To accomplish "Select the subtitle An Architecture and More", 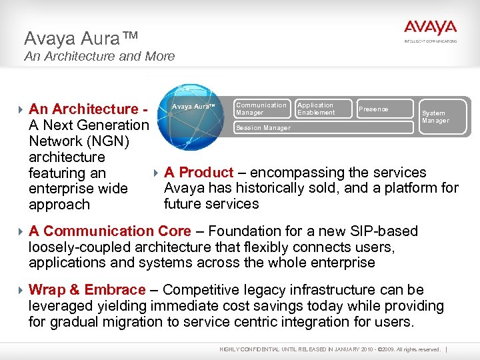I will (99, 57).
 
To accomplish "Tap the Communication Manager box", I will (261, 109).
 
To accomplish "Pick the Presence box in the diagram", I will (373, 109).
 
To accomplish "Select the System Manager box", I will (435, 117).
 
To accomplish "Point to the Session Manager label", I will (263, 128).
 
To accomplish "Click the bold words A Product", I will (199, 173).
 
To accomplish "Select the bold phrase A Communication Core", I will (109, 231).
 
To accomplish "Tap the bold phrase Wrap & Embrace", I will (87, 290).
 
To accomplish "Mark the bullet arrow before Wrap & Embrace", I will (22, 290).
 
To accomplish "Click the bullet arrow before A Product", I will (157, 173).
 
